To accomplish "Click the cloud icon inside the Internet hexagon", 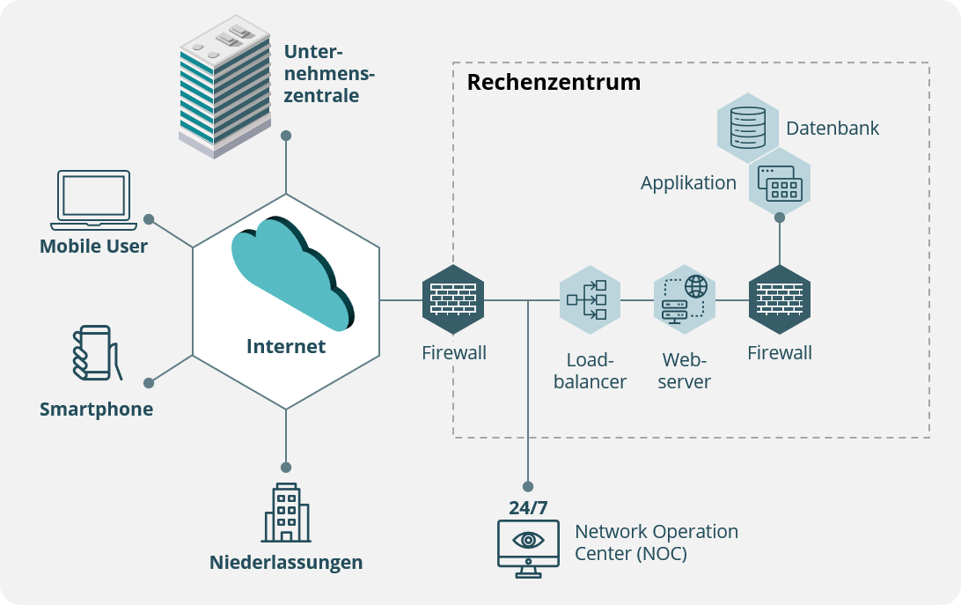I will pos(291,273).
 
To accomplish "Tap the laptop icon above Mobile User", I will pos(93,196).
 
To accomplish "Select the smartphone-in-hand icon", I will pos(92,353).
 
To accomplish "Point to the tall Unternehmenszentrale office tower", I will pos(224,89).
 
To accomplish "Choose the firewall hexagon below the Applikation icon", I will pos(780,299).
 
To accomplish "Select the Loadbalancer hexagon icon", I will pos(590,299).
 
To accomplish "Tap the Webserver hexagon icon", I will pos(685,299).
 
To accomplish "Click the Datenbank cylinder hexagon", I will pos(748,124).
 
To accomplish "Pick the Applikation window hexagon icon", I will pos(780,184).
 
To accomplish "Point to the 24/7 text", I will pos(528,507).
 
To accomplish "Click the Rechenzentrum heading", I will pos(554,83).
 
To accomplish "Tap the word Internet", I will pos(286,346).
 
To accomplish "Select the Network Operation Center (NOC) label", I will pos(656,542).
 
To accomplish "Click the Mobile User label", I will pos(93,246).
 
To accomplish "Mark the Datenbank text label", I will pos(833,129).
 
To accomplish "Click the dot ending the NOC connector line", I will pos(528,486).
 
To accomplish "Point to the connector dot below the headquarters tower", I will pos(286,136).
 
